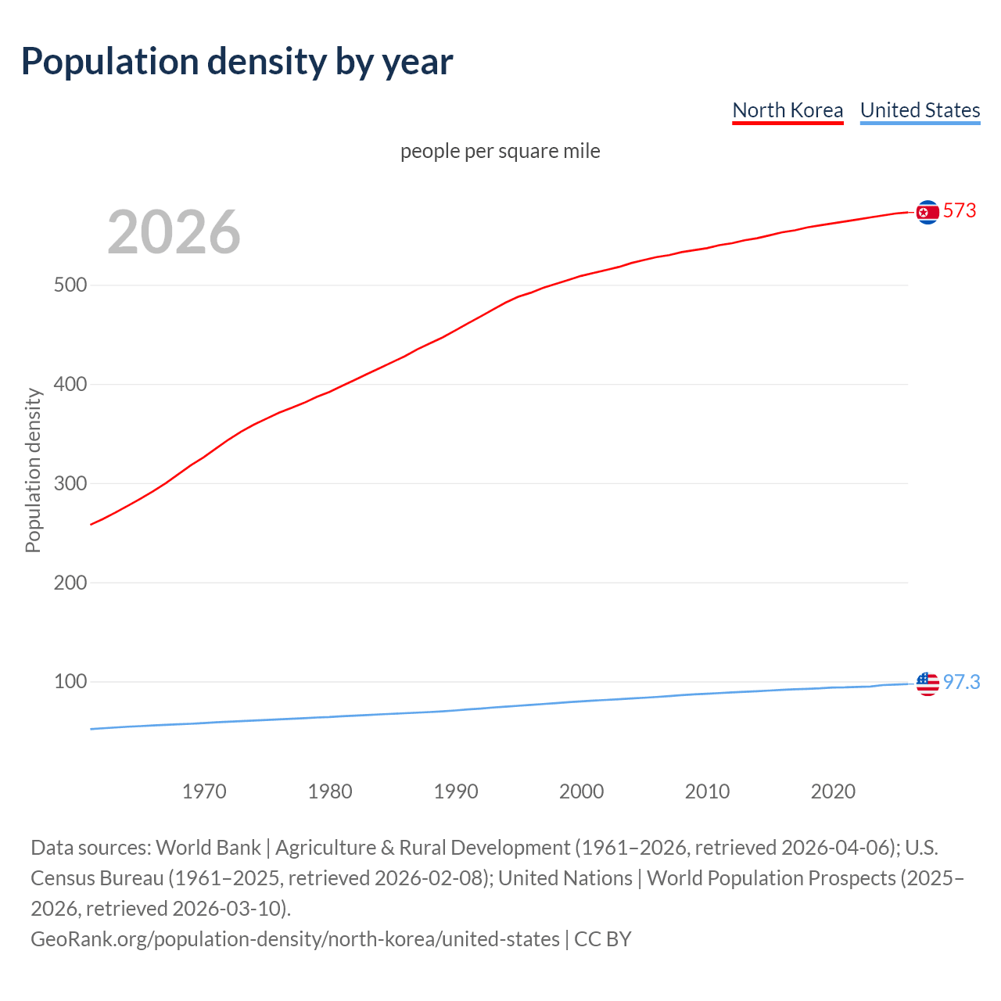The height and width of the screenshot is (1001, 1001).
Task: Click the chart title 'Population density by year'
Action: [x=236, y=62]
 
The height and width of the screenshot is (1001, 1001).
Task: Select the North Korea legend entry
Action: [x=788, y=110]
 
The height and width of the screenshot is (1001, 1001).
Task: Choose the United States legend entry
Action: [x=920, y=110]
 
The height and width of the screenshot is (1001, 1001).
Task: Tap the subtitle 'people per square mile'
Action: [x=500, y=151]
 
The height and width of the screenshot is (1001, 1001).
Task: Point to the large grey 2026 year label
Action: [x=174, y=232]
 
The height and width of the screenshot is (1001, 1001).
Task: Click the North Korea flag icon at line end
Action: [x=927, y=212]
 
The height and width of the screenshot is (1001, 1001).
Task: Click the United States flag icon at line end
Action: [x=927, y=683]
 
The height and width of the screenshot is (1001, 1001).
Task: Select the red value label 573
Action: [x=960, y=211]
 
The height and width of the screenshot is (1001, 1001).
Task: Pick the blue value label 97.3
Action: [x=961, y=683]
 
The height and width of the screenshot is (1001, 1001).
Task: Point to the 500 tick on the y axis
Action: [x=70, y=285]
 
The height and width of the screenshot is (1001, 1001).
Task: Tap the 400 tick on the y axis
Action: [x=70, y=385]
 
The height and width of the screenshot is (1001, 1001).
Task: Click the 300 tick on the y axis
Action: [x=70, y=484]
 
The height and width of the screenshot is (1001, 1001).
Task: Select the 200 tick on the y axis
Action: [x=70, y=583]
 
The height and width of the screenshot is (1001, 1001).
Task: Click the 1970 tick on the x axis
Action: [x=204, y=791]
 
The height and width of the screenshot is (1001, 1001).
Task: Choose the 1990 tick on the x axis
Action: [x=456, y=791]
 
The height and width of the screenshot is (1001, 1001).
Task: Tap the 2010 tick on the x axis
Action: [x=707, y=791]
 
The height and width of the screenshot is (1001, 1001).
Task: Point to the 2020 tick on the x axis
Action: [x=833, y=791]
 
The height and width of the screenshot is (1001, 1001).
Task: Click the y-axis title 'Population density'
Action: [x=33, y=471]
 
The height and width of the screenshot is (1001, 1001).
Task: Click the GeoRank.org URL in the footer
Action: [x=295, y=939]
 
